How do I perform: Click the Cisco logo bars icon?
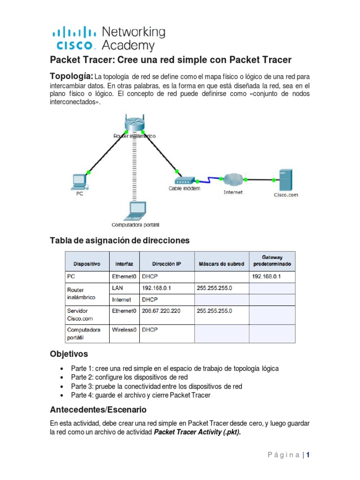point(74,32)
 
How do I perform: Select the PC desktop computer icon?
point(80,181)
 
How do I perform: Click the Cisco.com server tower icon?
point(285,180)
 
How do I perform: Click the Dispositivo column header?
point(87,264)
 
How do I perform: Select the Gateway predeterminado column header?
point(272,261)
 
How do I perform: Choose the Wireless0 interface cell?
point(124,330)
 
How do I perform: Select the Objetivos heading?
point(69,354)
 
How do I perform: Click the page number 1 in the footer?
point(309,455)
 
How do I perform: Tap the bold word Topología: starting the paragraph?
point(72,76)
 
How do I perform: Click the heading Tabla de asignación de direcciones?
point(120,240)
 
